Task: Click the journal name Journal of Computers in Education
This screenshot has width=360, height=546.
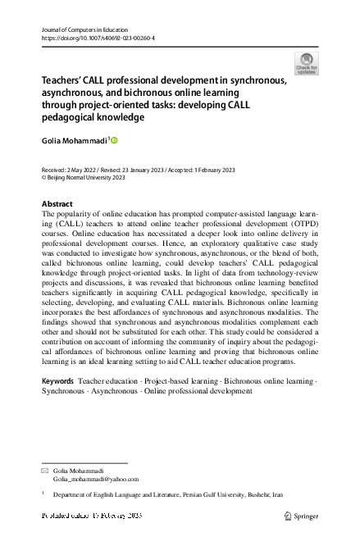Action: [x=82, y=30]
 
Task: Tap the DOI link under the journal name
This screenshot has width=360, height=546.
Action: [x=98, y=38]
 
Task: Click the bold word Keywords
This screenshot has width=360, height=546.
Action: [x=57, y=381]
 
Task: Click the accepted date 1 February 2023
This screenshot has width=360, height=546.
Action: [x=212, y=170]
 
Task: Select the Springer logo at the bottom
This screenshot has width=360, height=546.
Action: [x=300, y=516]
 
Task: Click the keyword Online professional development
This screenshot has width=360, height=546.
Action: [x=198, y=391]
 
